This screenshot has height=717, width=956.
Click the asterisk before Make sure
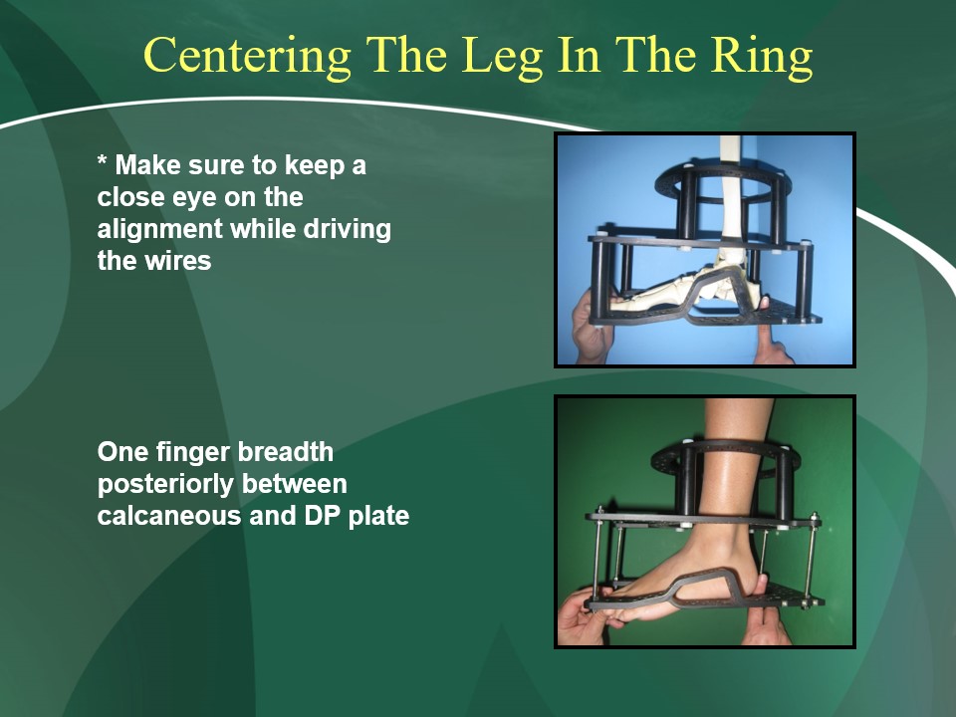click(103, 160)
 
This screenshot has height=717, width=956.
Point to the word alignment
click(159, 230)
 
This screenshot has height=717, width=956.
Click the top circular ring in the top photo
click(723, 180)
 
